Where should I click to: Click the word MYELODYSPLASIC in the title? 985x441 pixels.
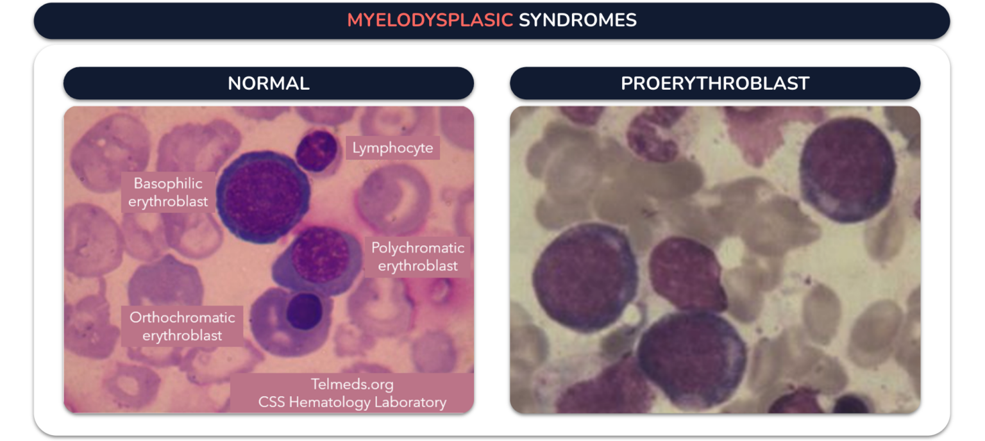(x=430, y=21)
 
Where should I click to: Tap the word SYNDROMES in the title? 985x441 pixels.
(x=577, y=21)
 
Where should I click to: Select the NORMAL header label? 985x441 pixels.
(x=269, y=83)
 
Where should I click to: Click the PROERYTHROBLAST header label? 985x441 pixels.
(x=715, y=83)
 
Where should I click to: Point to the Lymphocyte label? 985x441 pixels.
(x=392, y=149)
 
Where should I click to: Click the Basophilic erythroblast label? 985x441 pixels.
(x=168, y=192)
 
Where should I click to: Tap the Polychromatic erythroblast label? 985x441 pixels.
(x=417, y=256)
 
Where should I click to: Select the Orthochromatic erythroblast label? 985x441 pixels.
(x=182, y=326)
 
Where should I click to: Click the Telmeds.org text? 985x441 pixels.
(x=352, y=385)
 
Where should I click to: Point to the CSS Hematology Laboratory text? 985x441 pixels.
(x=352, y=403)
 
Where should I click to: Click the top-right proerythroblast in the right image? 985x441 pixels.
(x=846, y=169)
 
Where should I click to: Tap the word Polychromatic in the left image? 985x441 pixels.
(x=417, y=248)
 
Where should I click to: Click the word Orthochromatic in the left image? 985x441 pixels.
(x=182, y=317)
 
